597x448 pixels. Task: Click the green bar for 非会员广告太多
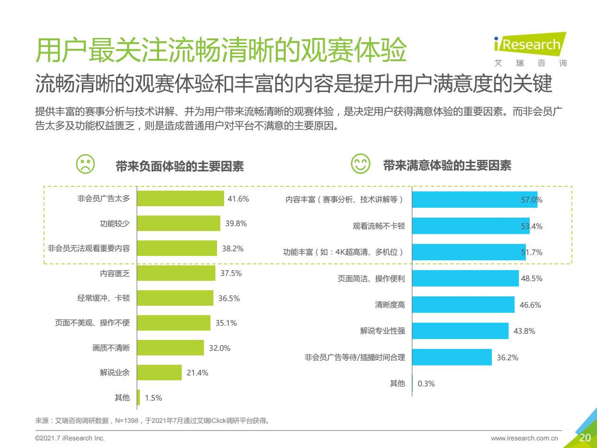pyautogui.click(x=181, y=199)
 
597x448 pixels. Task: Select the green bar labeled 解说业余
pyautogui.click(x=159, y=372)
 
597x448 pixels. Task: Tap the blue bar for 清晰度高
pyautogui.click(x=463, y=304)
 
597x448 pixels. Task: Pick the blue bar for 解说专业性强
pyautogui.click(x=460, y=331)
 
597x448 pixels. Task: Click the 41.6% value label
pyautogui.click(x=238, y=199)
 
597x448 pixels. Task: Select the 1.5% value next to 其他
pyautogui.click(x=154, y=398)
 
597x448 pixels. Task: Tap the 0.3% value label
pyautogui.click(x=426, y=384)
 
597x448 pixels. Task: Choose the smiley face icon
pyautogui.click(x=360, y=164)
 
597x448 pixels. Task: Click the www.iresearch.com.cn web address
pyautogui.click(x=525, y=439)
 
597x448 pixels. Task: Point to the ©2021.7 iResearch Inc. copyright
pyautogui.click(x=70, y=439)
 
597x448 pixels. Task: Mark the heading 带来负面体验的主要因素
pyautogui.click(x=180, y=166)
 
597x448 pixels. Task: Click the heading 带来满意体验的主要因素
pyautogui.click(x=447, y=165)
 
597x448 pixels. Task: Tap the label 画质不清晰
pyautogui.click(x=111, y=347)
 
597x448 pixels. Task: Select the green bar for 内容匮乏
pyautogui.click(x=176, y=273)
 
